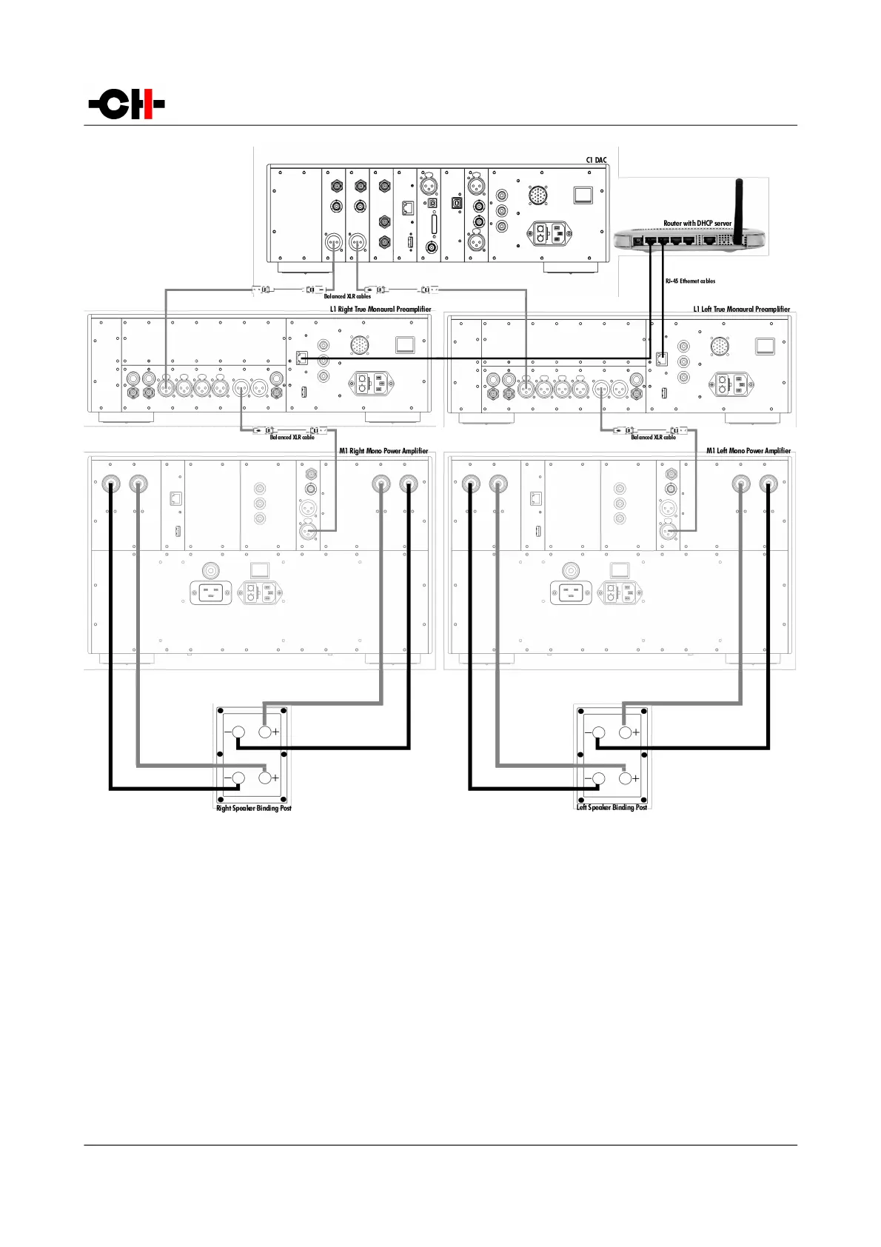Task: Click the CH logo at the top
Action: [x=127, y=104]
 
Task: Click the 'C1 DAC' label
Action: [x=596, y=160]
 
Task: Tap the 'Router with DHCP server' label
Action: [x=697, y=223]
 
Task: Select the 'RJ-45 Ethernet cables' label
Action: [x=690, y=281]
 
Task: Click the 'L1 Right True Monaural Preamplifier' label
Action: [x=381, y=309]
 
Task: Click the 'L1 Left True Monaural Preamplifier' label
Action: [x=741, y=309]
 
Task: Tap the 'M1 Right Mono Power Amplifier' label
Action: [x=383, y=450]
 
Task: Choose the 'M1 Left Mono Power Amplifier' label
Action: [x=748, y=450]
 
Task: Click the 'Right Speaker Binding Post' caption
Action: [x=253, y=808]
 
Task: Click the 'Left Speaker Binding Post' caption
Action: [x=612, y=807]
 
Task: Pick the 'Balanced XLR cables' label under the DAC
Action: [x=347, y=296]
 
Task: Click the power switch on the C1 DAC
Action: [x=583, y=195]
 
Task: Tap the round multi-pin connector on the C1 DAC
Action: [x=538, y=195]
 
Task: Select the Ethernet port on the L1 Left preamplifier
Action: [x=662, y=359]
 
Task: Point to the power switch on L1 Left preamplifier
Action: [x=764, y=346]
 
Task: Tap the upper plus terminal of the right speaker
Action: [x=265, y=732]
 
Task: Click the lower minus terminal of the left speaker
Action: [x=598, y=778]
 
